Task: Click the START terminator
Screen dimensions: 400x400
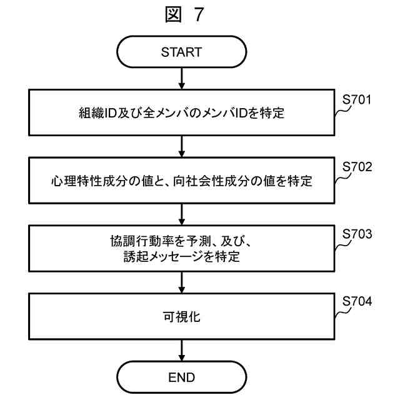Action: [181, 52]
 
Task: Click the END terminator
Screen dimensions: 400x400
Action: [181, 377]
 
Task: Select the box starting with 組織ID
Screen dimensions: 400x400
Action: [181, 114]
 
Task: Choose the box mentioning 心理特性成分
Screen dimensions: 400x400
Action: [181, 182]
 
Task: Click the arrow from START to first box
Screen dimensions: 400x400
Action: [181, 79]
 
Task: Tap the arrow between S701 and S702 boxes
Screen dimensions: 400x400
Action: [181, 147]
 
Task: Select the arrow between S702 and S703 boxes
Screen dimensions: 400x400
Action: [181, 216]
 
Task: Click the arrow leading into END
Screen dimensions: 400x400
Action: [181, 350]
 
